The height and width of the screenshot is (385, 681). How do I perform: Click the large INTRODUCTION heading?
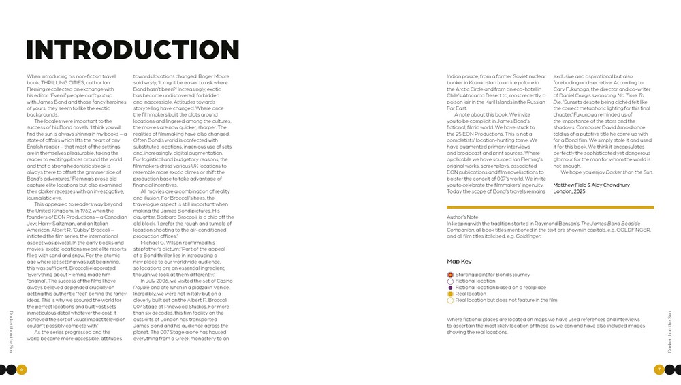pyautogui.click(x=133, y=50)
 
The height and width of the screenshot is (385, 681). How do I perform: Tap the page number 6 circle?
pyautogui.click(x=22, y=369)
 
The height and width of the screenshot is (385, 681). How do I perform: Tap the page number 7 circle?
pyautogui.click(x=659, y=369)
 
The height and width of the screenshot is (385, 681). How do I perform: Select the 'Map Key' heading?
pyautogui.click(x=459, y=262)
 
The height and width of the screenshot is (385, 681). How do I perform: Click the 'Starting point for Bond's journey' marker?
pyautogui.click(x=450, y=275)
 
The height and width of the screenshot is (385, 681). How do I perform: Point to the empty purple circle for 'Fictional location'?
pyautogui.click(x=450, y=281)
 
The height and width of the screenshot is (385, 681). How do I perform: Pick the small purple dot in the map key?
pyautogui.click(x=450, y=288)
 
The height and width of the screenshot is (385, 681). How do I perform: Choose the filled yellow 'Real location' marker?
pyautogui.click(x=450, y=294)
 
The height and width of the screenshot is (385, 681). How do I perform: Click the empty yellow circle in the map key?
pyautogui.click(x=450, y=300)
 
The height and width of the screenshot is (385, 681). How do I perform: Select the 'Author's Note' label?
pyautogui.click(x=462, y=217)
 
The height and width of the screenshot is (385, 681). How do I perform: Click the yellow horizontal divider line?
pyautogui.click(x=550, y=207)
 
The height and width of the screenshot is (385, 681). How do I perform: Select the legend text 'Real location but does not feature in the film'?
pyautogui.click(x=506, y=300)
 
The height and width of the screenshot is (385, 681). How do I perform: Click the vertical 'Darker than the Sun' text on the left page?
pyautogui.click(x=11, y=331)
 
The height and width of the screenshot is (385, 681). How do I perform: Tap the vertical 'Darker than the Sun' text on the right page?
pyautogui.click(x=669, y=331)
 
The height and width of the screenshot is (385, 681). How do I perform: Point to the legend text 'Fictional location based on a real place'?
pyautogui.click(x=501, y=288)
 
